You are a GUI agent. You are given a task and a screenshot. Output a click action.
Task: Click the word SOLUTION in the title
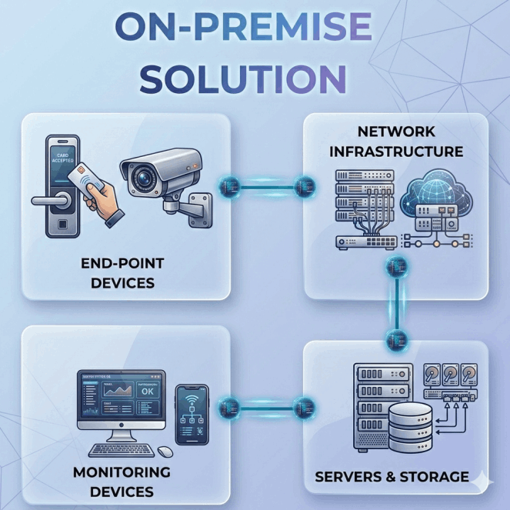point(243,78)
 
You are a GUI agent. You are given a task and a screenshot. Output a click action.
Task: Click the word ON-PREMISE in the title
point(243,28)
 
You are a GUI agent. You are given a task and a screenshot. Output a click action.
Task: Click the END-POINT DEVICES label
point(122,273)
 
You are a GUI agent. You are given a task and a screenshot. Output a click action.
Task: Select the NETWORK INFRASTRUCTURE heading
point(396,142)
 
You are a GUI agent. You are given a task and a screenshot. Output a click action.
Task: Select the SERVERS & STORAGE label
point(392,477)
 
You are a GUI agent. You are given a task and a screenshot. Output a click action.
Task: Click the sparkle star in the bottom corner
point(483,479)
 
